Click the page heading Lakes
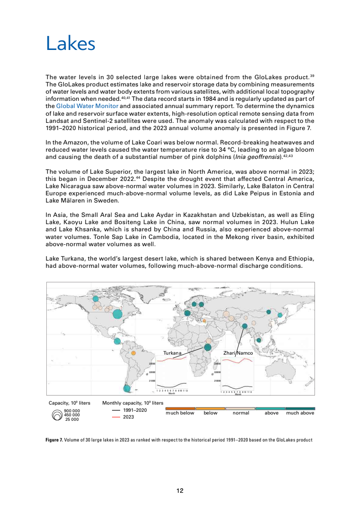[x=71, y=44]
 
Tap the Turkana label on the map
[x=172, y=353]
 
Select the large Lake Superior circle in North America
[x=117, y=314]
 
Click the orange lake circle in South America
[x=133, y=353]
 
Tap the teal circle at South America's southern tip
[x=127, y=388]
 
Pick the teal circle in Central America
[x=117, y=341]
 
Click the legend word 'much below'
[x=180, y=413]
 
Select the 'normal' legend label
[x=241, y=413]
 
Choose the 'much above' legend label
[x=300, y=413]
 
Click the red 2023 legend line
[x=116, y=417]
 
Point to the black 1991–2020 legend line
[x=116, y=410]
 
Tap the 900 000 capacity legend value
[x=72, y=411]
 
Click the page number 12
[x=180, y=491]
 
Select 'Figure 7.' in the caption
[x=54, y=440]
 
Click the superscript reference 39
[x=312, y=76]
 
